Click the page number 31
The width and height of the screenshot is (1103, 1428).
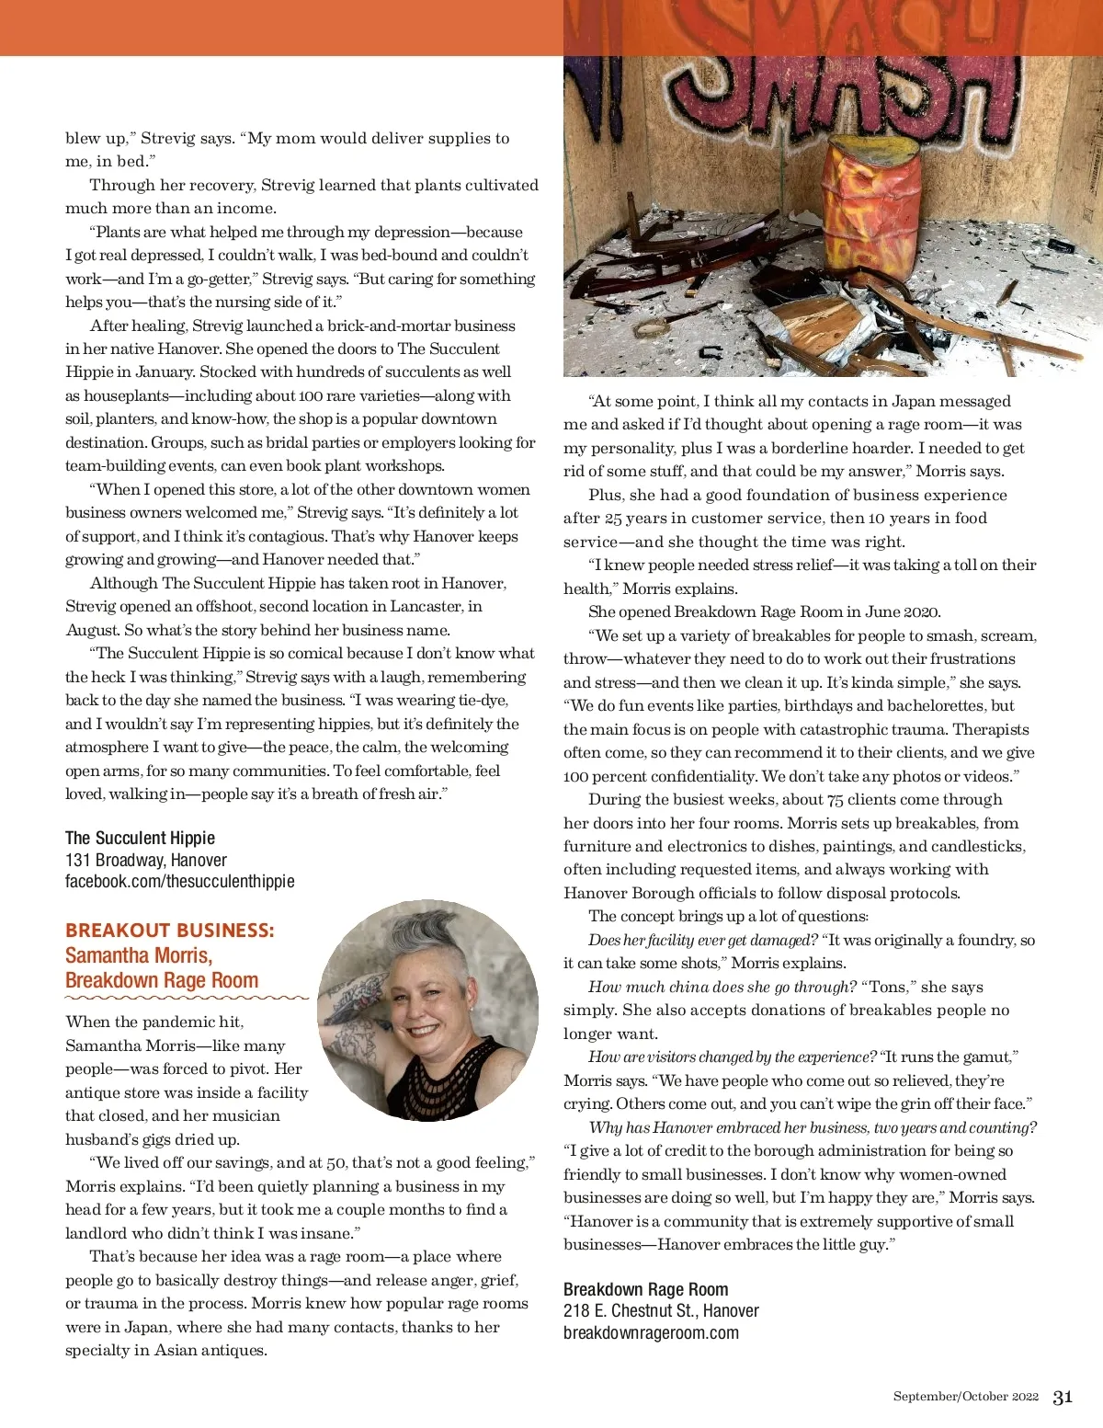tap(1063, 1397)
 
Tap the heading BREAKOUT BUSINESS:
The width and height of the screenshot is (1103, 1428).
tap(170, 930)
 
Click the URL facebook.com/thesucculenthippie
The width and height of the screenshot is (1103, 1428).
tap(180, 881)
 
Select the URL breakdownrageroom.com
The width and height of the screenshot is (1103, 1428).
tap(651, 1332)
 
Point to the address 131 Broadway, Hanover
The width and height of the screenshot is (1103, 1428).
tap(145, 860)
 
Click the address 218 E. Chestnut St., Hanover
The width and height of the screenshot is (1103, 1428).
tap(661, 1310)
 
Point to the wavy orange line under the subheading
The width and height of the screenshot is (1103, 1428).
tap(187, 997)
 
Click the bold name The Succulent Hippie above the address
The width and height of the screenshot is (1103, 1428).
tap(140, 838)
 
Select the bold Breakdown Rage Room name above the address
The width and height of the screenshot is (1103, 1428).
tap(645, 1289)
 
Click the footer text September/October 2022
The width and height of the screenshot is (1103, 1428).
tap(965, 1397)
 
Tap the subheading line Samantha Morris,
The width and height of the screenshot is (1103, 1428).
tap(139, 954)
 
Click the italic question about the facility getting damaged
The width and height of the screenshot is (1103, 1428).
tap(702, 940)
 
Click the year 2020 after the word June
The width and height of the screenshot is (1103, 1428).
tap(921, 612)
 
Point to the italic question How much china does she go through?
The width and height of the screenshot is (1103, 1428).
tap(722, 987)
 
